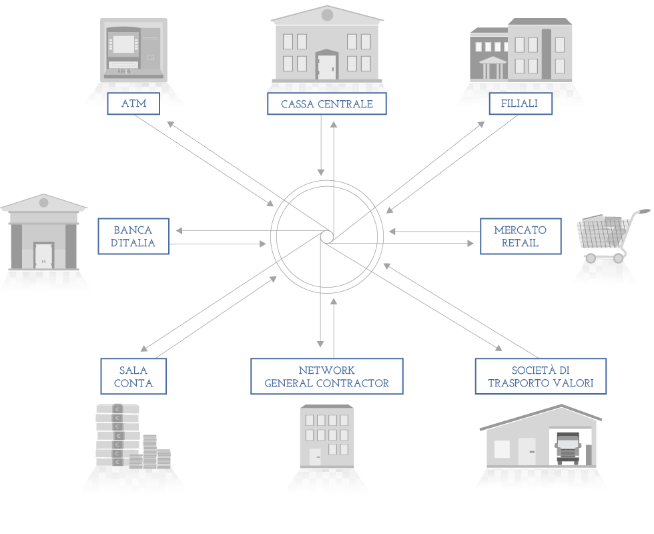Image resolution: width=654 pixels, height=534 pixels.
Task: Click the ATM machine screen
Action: click(124, 44)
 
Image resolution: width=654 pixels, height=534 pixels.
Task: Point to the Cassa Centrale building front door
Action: click(326, 67)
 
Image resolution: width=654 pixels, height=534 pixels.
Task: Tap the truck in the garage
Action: click(568, 448)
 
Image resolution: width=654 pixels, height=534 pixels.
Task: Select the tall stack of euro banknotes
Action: click(117, 435)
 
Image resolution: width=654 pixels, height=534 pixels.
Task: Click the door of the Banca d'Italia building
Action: click(44, 256)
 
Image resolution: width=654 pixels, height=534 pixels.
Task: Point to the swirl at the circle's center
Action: click(327, 237)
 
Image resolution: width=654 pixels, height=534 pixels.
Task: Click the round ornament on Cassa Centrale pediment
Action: click(328, 15)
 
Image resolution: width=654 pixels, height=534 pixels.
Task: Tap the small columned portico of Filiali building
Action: click(493, 67)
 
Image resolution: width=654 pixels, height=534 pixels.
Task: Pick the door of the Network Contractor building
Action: click(315, 457)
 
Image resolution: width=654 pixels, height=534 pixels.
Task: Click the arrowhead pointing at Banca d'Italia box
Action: click(180, 231)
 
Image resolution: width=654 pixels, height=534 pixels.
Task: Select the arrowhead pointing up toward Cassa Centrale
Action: click(334, 124)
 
